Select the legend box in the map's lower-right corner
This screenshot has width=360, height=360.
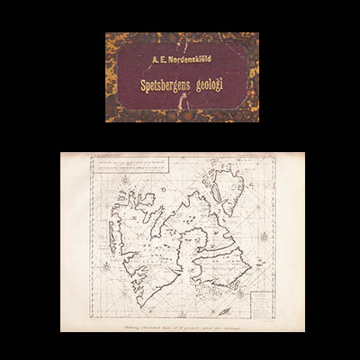pos(260,301)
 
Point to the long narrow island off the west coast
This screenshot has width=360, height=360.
pos(112,238)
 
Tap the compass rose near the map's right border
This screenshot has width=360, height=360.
pos(264,237)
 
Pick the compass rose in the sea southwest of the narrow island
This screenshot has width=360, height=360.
pos(106,267)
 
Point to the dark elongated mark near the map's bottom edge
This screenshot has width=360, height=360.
pos(224,310)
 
